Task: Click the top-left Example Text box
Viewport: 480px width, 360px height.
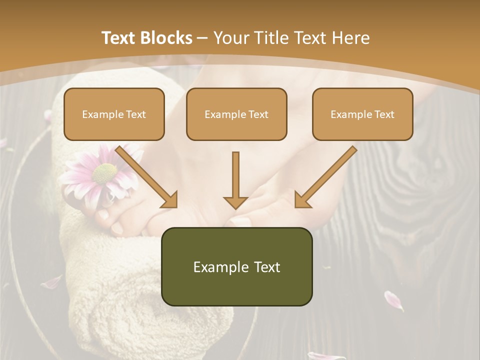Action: coord(114,114)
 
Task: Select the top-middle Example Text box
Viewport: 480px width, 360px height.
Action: coord(236,114)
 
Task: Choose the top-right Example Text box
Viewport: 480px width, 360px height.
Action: coord(362,114)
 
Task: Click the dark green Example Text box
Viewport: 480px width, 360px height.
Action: coord(236,266)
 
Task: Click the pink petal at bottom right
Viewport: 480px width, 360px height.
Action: coord(393,300)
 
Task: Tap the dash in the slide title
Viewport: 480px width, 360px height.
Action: coord(202,37)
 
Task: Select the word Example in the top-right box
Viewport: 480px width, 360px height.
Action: coord(347,114)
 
